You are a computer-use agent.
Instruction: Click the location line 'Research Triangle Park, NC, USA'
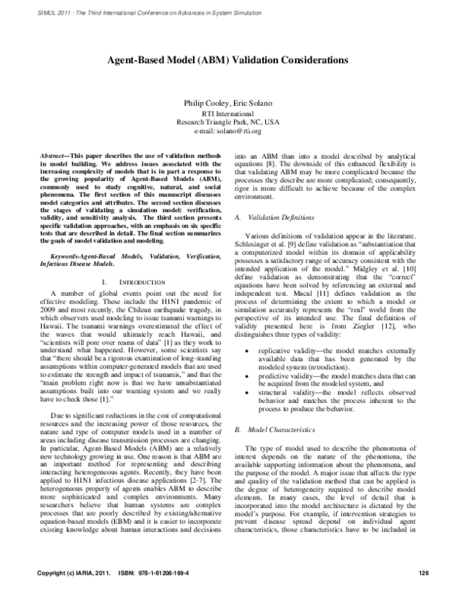click(x=228, y=122)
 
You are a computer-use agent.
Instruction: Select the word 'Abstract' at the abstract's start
click(x=55, y=154)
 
